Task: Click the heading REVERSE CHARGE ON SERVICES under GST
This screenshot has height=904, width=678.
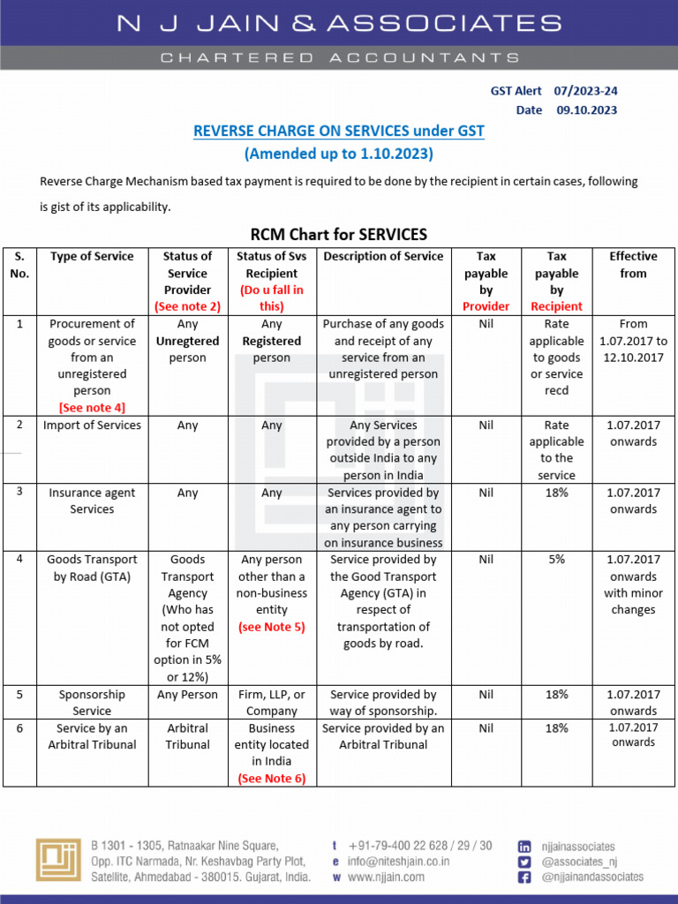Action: click(339, 132)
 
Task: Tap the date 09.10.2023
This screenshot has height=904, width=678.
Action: click(586, 110)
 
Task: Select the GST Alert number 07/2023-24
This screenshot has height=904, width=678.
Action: click(586, 91)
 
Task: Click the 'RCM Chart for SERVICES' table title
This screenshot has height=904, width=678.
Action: click(339, 234)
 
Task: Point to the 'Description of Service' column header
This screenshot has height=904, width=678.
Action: click(383, 257)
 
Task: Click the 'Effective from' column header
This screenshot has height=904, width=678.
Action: click(633, 265)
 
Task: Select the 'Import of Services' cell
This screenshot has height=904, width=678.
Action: click(92, 426)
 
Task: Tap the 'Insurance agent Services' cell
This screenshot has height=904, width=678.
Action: click(92, 501)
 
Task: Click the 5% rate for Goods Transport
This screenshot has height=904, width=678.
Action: click(556, 560)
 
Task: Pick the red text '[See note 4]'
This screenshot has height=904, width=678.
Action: click(92, 407)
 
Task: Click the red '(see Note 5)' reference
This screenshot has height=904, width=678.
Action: click(271, 627)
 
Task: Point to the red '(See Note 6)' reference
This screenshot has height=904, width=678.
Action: click(271, 778)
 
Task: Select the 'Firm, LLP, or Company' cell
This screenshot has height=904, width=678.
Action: click(271, 703)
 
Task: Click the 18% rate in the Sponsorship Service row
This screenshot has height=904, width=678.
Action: click(556, 695)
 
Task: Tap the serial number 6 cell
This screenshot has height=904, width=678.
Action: click(19, 728)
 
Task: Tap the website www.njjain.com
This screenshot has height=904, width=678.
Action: click(386, 878)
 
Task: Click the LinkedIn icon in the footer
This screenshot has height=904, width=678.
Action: click(524, 846)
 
